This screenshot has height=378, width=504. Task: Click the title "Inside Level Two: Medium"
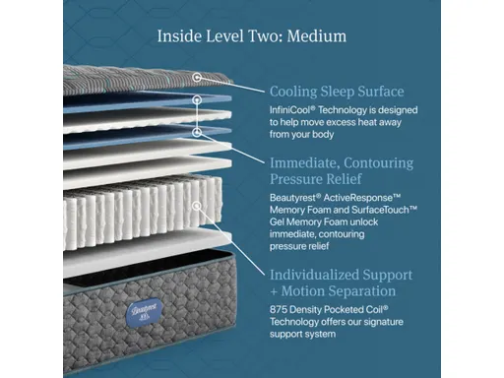(x=252, y=36)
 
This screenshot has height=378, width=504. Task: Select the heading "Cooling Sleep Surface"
(x=336, y=92)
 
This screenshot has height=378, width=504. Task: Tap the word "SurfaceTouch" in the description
(x=379, y=211)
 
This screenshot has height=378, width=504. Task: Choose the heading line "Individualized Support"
(x=341, y=275)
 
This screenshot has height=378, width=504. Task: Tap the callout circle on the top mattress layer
(x=198, y=76)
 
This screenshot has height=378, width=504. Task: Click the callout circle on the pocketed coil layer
(x=198, y=206)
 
